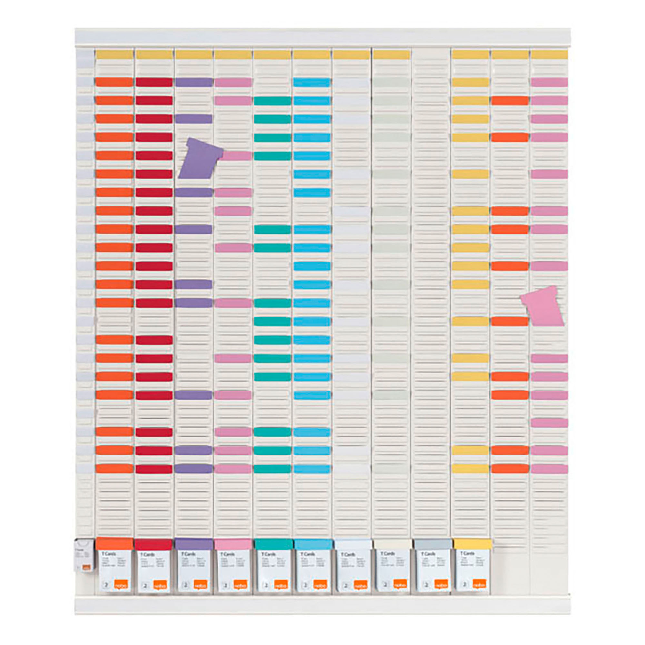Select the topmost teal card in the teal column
273,101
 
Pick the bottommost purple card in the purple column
193,468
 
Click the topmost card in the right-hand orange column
510,101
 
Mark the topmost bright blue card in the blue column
312,83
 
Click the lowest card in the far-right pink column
549,468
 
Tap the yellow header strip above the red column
154,55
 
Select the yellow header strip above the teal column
273,55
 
